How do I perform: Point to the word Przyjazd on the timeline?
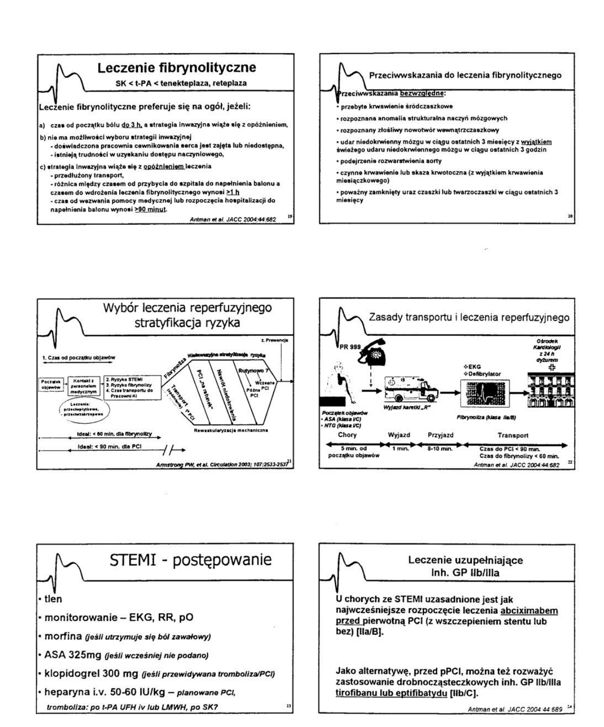[x=440, y=435]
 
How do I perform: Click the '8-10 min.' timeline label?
[x=440, y=448]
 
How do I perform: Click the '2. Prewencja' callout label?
[x=275, y=340]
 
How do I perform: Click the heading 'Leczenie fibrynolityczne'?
[x=177, y=67]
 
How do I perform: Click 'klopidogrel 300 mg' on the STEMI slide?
[x=87, y=674]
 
